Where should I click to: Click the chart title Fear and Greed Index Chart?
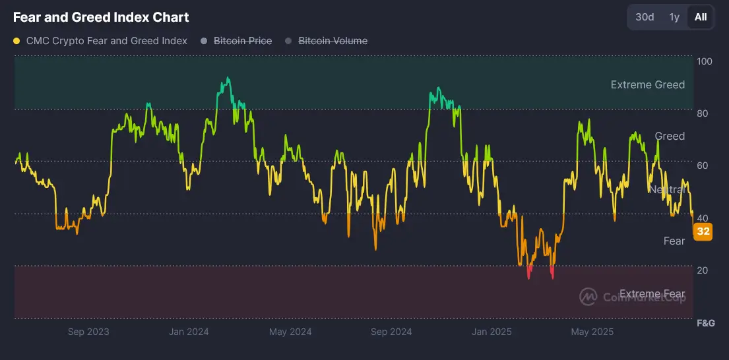tap(101, 17)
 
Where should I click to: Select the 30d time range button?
tap(645, 17)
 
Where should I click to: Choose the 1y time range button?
tap(674, 17)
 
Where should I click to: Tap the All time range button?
tap(701, 17)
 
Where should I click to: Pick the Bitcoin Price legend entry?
tap(242, 41)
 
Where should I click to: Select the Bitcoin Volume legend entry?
tap(333, 41)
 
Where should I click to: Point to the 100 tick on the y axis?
tap(705, 61)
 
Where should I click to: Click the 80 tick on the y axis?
tap(703, 113)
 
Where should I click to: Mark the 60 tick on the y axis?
tap(703, 165)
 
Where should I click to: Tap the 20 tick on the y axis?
tap(703, 270)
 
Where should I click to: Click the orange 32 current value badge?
tap(703, 231)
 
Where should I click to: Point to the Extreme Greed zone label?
tap(647, 84)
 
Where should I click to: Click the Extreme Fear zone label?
tap(652, 294)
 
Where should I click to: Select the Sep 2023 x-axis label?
tap(88, 332)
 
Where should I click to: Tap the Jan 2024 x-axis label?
tap(188, 332)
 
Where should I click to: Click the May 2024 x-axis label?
tap(290, 332)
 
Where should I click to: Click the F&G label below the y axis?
tap(706, 324)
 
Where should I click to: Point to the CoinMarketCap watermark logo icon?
tap(588, 297)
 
